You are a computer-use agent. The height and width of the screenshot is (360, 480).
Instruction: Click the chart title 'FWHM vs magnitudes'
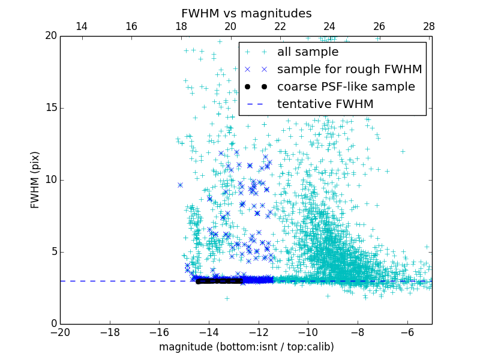pyautogui.click(x=246, y=13)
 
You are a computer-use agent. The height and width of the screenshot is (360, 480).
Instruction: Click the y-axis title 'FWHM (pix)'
pyautogui.click(x=35, y=179)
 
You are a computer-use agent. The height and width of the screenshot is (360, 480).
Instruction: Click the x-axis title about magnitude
pyautogui.click(x=246, y=347)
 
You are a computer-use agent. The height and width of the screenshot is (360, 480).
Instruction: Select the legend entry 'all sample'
pyautogui.click(x=307, y=52)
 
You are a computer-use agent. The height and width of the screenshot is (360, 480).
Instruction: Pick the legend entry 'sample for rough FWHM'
pyautogui.click(x=349, y=70)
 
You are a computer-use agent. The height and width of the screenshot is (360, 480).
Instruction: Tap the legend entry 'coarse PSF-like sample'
pyautogui.click(x=346, y=86)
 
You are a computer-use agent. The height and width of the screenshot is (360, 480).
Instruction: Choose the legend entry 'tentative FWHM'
pyautogui.click(x=325, y=104)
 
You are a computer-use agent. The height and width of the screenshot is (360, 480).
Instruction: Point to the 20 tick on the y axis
pyautogui.click(x=50, y=36)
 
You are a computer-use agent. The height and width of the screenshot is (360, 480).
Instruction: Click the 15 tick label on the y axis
pyautogui.click(x=50, y=108)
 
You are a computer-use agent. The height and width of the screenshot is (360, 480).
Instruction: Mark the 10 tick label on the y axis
pyautogui.click(x=50, y=180)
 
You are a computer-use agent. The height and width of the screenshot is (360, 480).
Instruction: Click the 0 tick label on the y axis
pyautogui.click(x=53, y=324)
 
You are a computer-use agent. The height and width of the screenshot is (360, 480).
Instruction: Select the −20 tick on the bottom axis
pyautogui.click(x=60, y=332)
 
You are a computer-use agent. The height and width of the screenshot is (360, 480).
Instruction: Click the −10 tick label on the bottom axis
pyautogui.click(x=308, y=332)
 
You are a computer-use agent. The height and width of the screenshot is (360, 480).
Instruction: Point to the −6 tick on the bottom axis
pyautogui.click(x=407, y=332)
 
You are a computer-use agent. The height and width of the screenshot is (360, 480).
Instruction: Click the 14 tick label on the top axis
pyautogui.click(x=81, y=26)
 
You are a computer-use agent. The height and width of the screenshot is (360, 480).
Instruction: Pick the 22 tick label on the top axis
pyautogui.click(x=280, y=26)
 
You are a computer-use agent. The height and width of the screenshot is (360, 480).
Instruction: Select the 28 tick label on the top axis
pyautogui.click(x=428, y=26)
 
